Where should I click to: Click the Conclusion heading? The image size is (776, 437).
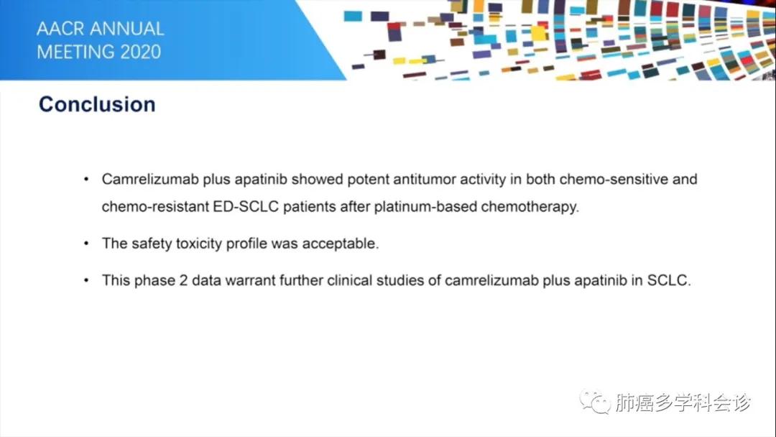click(x=97, y=104)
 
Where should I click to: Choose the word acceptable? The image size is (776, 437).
click(x=339, y=243)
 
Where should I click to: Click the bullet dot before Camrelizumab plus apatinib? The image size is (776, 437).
click(x=87, y=179)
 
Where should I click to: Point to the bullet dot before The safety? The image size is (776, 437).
click(x=87, y=243)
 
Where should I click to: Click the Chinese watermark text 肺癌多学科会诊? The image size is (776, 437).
click(x=683, y=403)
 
